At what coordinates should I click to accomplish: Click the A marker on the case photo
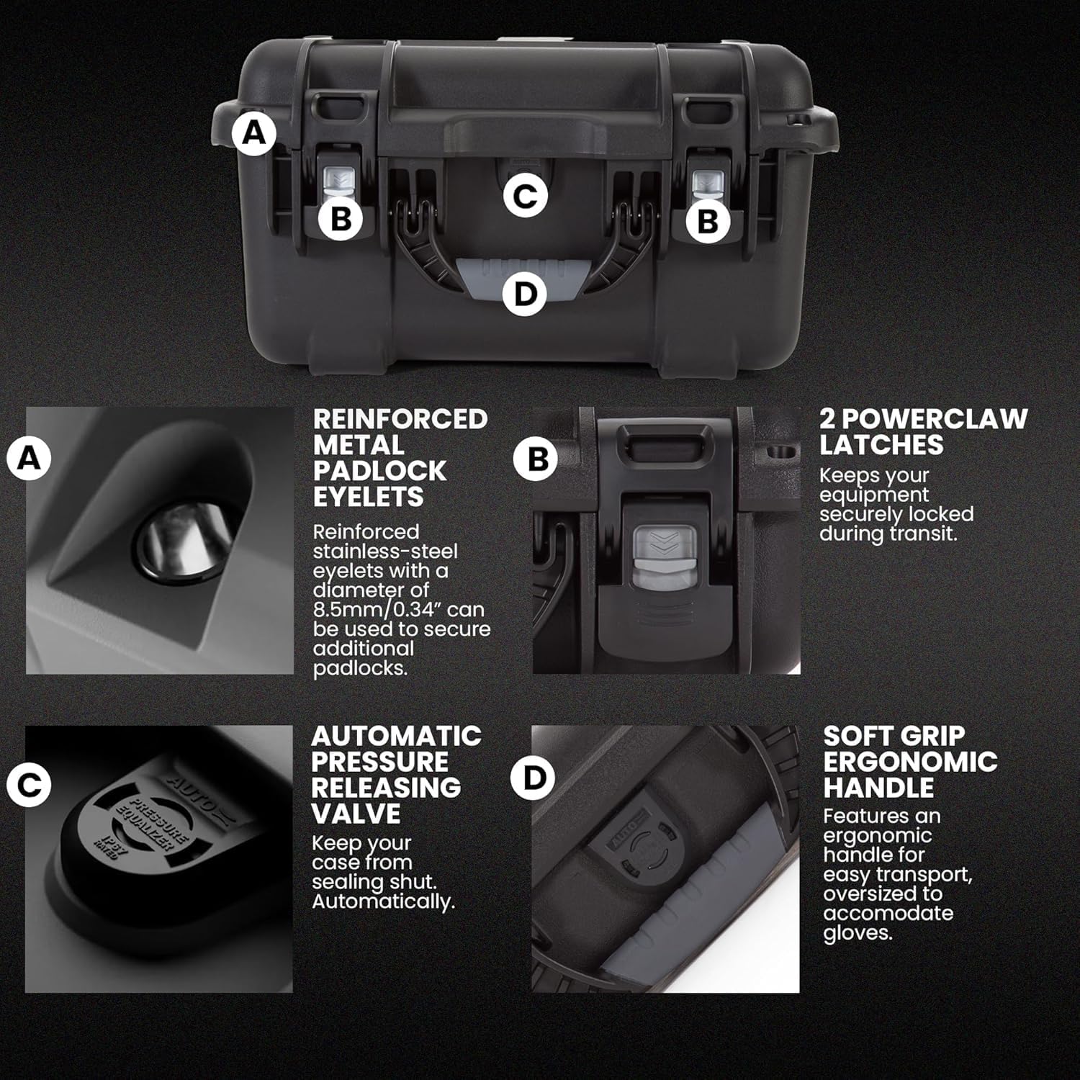pyautogui.click(x=253, y=132)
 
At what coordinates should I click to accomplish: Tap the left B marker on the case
pyautogui.click(x=341, y=217)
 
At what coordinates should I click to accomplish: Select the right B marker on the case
pyautogui.click(x=708, y=220)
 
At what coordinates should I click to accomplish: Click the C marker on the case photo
pyautogui.click(x=525, y=196)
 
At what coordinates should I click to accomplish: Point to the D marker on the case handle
pyautogui.click(x=525, y=294)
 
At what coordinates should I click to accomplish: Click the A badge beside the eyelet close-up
pyautogui.click(x=29, y=457)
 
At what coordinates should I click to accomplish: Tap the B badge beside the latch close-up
pyautogui.click(x=537, y=459)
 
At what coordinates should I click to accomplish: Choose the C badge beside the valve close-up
pyautogui.click(x=29, y=784)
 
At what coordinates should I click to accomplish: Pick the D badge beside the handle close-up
pyautogui.click(x=533, y=778)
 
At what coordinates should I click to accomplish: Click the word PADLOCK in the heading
pyautogui.click(x=379, y=471)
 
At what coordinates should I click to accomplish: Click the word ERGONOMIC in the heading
pyautogui.click(x=910, y=762)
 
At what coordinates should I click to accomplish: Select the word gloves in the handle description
pyautogui.click(x=858, y=933)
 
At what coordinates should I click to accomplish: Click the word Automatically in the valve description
pyautogui.click(x=383, y=901)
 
